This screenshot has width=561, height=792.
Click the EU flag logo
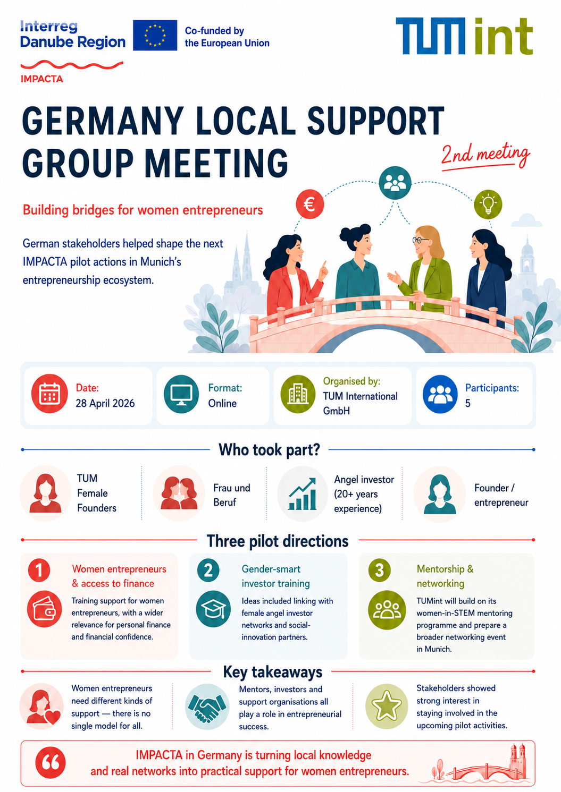click(x=155, y=36)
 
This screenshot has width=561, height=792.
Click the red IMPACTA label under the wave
click(x=42, y=79)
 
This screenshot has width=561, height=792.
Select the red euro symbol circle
click(x=309, y=205)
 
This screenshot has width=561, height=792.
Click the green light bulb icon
click(x=488, y=205)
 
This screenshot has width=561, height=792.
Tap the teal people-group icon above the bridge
click(x=395, y=183)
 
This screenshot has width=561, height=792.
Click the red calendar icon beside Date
click(x=49, y=394)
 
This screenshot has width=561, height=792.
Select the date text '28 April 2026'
click(x=105, y=403)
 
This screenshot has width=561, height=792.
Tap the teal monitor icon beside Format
click(x=181, y=394)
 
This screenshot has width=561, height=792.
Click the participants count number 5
click(x=467, y=403)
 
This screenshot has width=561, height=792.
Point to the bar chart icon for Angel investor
click(x=302, y=494)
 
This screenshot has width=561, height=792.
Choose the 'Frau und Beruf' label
click(x=231, y=495)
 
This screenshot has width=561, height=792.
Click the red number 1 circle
click(x=39, y=570)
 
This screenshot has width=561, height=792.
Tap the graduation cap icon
click(x=213, y=609)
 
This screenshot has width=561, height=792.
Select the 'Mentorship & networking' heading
click(x=445, y=576)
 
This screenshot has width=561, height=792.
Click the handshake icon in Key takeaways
click(x=207, y=707)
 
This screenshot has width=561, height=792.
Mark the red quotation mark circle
click(x=51, y=763)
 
